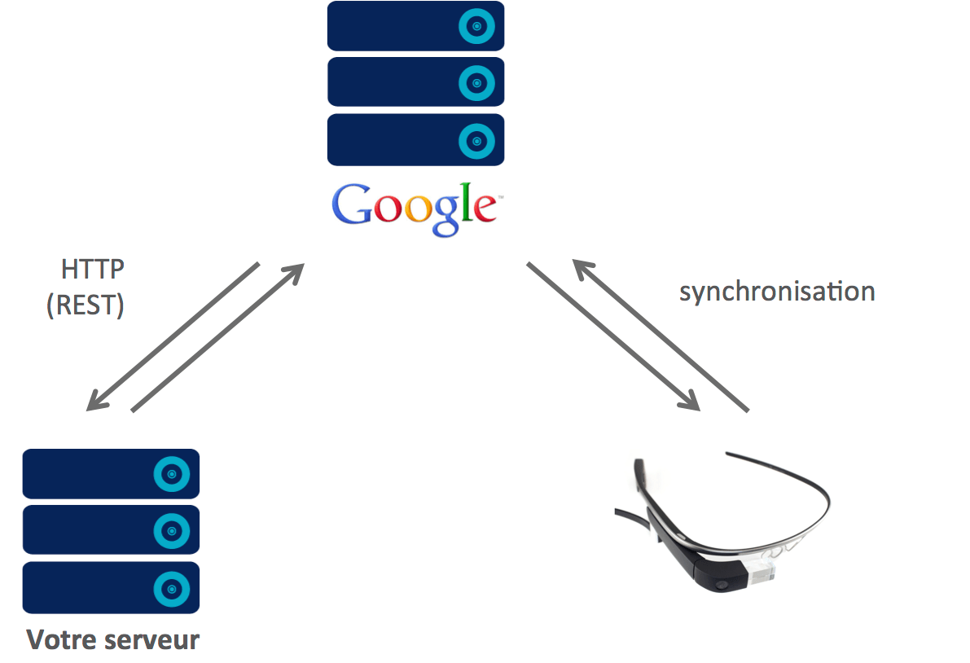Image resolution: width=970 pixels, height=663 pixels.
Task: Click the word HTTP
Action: (93, 270)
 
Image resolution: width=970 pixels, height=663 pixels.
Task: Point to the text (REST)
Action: (86, 305)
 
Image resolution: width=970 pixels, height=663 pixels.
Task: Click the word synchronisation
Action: (777, 292)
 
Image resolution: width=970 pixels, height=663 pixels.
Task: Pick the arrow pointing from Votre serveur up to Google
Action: (217, 337)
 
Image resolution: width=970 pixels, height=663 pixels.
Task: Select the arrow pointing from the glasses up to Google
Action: (660, 335)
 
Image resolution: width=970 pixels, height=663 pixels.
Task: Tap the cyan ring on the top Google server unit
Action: (476, 27)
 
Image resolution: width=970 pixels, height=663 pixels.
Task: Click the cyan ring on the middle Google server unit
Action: (476, 82)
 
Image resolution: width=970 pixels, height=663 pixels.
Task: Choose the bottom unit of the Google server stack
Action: (415, 140)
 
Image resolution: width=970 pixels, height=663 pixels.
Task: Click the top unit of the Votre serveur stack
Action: (111, 474)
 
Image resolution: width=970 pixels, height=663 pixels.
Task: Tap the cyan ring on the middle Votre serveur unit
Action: (171, 530)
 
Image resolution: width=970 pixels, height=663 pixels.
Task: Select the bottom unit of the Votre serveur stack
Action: (111, 587)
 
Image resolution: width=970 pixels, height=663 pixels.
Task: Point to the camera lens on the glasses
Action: (719, 586)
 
